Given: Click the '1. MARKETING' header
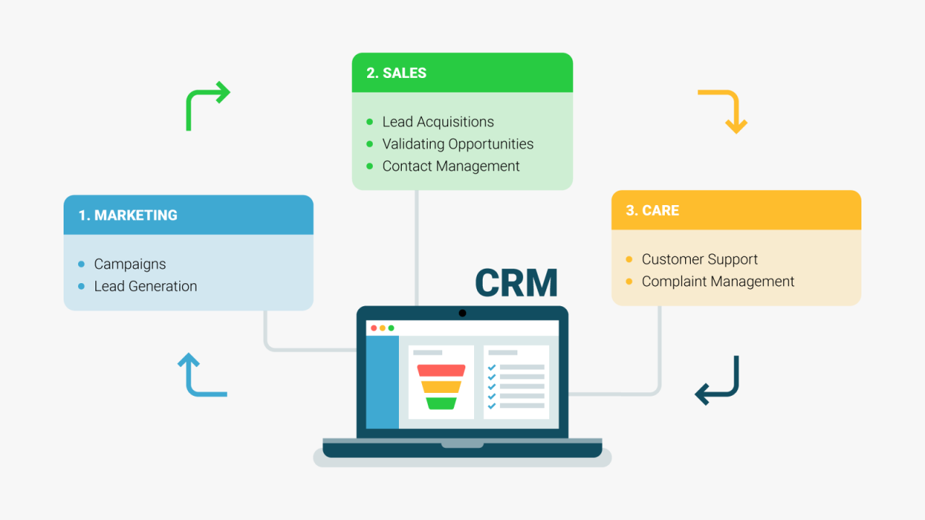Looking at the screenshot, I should click(128, 215).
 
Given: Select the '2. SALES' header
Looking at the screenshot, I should click(396, 73).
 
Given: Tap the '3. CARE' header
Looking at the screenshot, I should click(652, 210).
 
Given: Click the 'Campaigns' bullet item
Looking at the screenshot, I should click(130, 264).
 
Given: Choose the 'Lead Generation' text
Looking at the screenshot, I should click(145, 286).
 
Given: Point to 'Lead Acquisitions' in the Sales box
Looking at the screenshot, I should click(438, 122).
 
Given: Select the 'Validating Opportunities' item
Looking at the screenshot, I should click(457, 144).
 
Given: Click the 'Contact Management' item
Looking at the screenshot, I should click(451, 166).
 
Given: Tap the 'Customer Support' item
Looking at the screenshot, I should click(700, 259).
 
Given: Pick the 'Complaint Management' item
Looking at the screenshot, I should click(718, 282).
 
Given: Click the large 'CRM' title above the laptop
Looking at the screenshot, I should click(516, 283).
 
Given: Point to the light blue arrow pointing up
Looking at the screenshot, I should click(201, 375).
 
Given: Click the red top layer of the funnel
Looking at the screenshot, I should click(441, 370).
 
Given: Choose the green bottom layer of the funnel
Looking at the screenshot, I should click(441, 403).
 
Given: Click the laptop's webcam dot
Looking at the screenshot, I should click(462, 313).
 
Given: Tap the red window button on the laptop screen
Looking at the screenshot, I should click(374, 328).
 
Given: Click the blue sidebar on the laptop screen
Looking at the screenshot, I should click(382, 382).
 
